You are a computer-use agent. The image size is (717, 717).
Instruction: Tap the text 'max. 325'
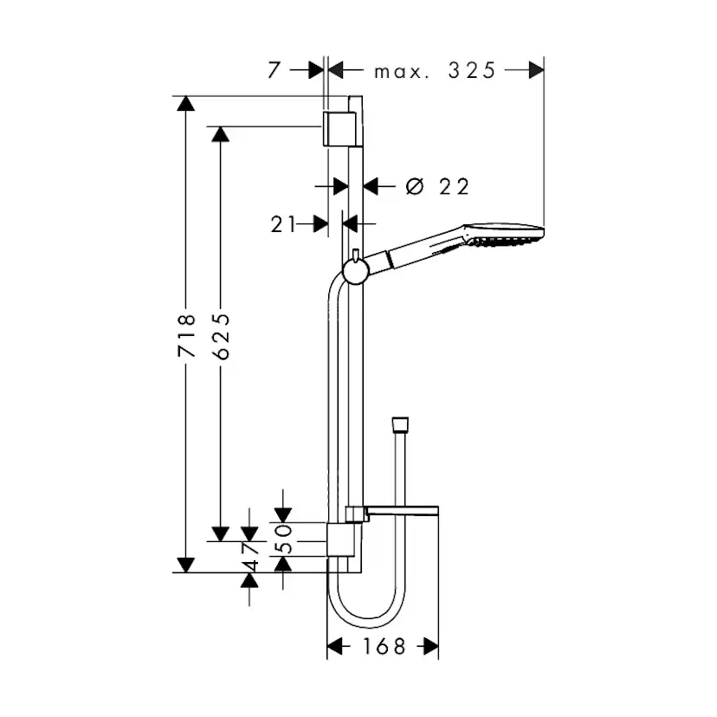pyautogui.click(x=435, y=71)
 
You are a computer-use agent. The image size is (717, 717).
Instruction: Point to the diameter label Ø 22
pyautogui.click(x=437, y=185)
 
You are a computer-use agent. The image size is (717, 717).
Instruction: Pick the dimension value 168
pyautogui.click(x=383, y=647)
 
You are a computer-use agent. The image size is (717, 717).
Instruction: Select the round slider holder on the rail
pyautogui.click(x=355, y=273)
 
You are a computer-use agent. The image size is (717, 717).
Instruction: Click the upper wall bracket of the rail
pyautogui.click(x=337, y=128)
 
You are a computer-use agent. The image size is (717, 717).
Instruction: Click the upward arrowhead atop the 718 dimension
pyautogui.click(x=184, y=104)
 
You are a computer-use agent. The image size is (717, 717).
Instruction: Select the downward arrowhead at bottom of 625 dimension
pyautogui.click(x=221, y=533)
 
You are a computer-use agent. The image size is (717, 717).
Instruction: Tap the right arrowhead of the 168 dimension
pyautogui.click(x=430, y=647)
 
